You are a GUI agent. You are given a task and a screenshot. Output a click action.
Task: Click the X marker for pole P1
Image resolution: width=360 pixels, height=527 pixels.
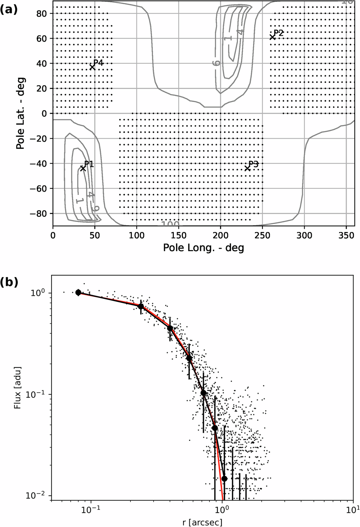(x=83, y=168)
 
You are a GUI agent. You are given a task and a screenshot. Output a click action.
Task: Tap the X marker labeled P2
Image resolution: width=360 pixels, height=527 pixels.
(x=273, y=37)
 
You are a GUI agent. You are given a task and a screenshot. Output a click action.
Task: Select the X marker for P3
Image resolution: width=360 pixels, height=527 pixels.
(x=247, y=168)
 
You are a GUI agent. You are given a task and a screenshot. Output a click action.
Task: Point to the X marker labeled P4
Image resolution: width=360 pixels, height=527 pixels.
(x=92, y=67)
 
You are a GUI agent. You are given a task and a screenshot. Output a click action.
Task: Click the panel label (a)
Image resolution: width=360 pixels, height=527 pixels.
(x=9, y=10)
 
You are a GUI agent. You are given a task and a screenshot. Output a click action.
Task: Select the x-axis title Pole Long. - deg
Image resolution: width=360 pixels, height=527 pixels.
(x=203, y=248)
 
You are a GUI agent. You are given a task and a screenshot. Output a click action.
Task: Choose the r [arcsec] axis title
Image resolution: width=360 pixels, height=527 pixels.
(x=203, y=522)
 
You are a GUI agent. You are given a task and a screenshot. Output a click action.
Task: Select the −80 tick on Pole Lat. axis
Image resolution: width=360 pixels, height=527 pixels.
(x=42, y=214)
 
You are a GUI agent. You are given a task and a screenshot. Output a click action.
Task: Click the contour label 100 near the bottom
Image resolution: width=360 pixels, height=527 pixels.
(x=170, y=224)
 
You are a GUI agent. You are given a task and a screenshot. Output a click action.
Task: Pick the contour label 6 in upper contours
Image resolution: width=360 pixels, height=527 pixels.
(x=216, y=63)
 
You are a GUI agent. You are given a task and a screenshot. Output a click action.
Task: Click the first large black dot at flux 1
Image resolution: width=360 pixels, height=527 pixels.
(x=78, y=292)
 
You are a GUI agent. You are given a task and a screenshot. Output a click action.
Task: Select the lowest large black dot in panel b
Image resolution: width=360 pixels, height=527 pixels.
(x=224, y=479)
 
